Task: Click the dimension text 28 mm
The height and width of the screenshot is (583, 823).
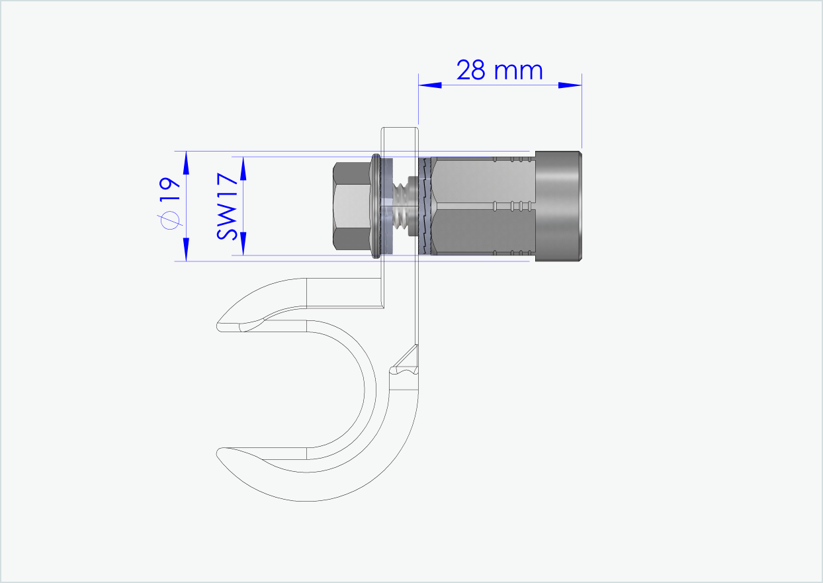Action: tap(499, 69)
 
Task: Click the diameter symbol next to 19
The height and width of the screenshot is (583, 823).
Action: tap(170, 220)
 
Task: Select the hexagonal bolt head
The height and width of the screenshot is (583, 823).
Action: tap(351, 206)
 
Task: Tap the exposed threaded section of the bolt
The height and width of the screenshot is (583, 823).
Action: tap(401, 206)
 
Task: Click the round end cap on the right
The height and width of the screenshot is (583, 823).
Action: tap(558, 206)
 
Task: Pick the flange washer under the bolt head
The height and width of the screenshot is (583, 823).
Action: tap(376, 206)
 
